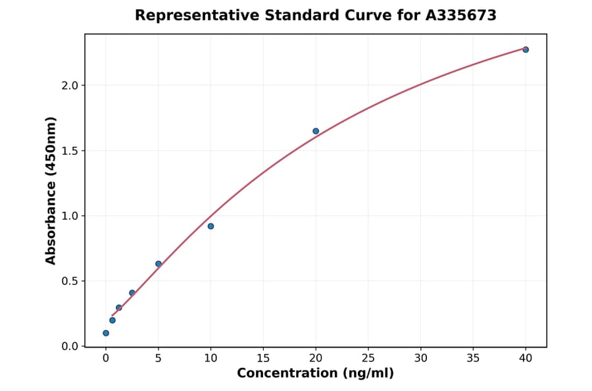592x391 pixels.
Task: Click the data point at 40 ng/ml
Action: (x=526, y=49)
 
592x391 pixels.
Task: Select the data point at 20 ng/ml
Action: (x=316, y=131)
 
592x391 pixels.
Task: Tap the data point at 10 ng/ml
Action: (x=210, y=226)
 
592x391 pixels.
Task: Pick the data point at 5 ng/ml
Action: (x=159, y=264)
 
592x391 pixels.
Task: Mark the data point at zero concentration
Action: (x=106, y=333)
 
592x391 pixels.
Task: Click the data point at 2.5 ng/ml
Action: (x=132, y=293)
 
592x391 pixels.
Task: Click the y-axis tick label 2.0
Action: (x=70, y=86)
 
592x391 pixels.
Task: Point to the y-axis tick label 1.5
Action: (x=70, y=151)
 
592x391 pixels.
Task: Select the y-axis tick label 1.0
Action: (x=70, y=216)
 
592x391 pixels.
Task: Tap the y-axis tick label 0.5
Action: (x=70, y=281)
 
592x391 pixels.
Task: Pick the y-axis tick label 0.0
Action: (x=70, y=346)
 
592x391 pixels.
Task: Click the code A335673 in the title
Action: (x=461, y=15)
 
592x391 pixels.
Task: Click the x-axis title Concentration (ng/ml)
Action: (x=315, y=374)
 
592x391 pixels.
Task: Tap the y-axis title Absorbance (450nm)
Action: (x=51, y=190)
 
